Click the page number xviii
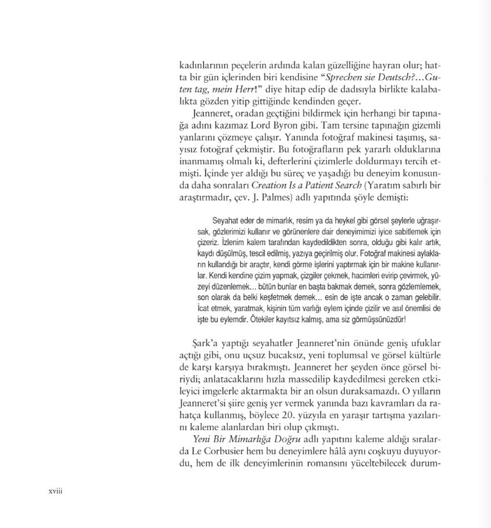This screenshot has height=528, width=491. point(56,491)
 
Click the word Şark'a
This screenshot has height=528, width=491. point(208,344)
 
